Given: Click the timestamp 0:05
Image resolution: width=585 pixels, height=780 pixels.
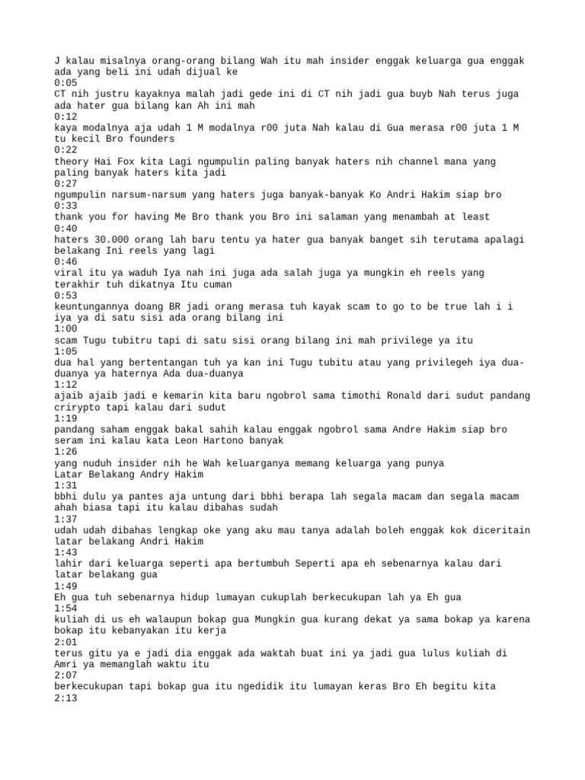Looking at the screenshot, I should point(66,83).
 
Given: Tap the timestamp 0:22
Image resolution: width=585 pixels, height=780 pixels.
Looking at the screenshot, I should point(66,150).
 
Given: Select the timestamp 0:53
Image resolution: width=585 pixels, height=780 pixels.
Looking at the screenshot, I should point(66,295).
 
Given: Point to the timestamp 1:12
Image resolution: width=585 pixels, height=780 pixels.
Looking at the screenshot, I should point(66,385).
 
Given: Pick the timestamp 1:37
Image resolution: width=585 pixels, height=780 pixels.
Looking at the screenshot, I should point(66,519).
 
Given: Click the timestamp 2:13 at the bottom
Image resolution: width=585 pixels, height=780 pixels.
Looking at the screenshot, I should point(66,697).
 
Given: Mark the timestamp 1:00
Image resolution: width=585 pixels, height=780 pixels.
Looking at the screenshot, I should point(66,328).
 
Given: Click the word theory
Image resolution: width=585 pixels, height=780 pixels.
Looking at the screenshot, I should point(72,161).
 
